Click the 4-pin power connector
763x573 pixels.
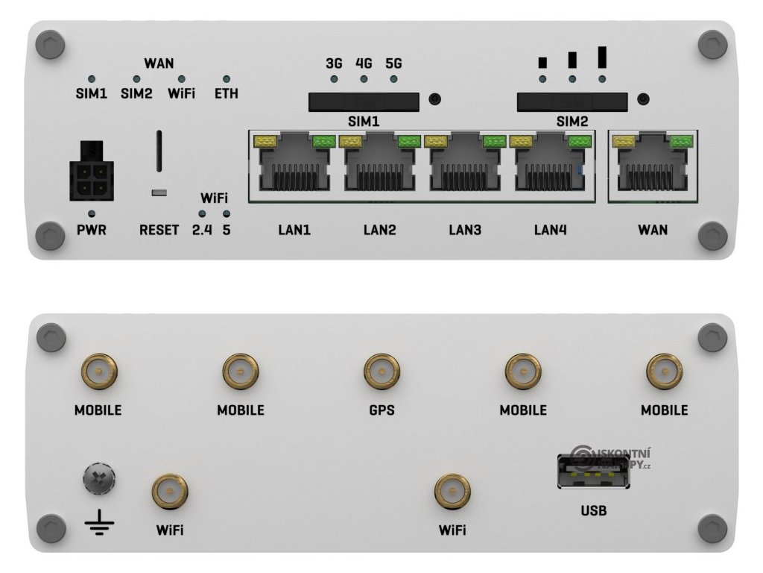(91, 180)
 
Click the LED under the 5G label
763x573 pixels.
(393, 79)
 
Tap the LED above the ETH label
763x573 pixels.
(227, 78)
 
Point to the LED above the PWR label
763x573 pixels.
(91, 214)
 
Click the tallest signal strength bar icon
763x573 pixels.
(602, 57)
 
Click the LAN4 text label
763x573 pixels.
(550, 231)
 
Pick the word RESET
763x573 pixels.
(159, 231)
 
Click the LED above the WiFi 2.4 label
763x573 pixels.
(202, 215)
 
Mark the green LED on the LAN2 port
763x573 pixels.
(408, 141)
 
